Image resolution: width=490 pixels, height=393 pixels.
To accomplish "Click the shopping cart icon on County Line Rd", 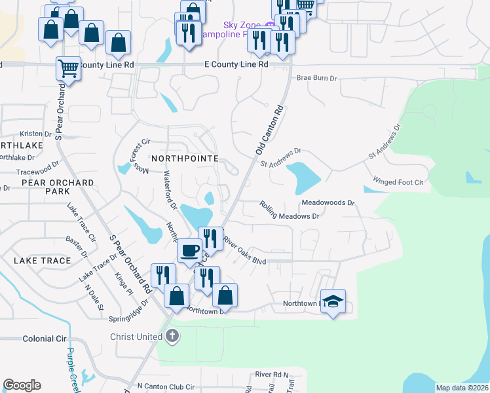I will click(x=68, y=68).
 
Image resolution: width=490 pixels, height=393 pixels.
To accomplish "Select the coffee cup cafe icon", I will click(x=189, y=250).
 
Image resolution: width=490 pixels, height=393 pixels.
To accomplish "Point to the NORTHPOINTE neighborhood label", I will click(x=183, y=159).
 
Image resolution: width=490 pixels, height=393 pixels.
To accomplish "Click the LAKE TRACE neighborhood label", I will click(x=42, y=261).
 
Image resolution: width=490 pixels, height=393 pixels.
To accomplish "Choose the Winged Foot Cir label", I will click(x=398, y=181).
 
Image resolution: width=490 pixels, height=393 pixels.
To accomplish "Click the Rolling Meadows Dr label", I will click(x=290, y=211).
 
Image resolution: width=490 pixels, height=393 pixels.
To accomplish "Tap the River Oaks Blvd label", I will click(x=244, y=252).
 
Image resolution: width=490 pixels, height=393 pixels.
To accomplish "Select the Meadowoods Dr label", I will click(x=328, y=203).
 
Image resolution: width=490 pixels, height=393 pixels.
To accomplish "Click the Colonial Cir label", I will click(x=45, y=339).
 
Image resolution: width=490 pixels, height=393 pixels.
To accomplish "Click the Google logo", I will click(x=22, y=385).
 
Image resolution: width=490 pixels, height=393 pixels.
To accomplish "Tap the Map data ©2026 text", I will click(x=462, y=388).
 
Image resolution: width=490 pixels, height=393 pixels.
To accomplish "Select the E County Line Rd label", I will click(x=236, y=64).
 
